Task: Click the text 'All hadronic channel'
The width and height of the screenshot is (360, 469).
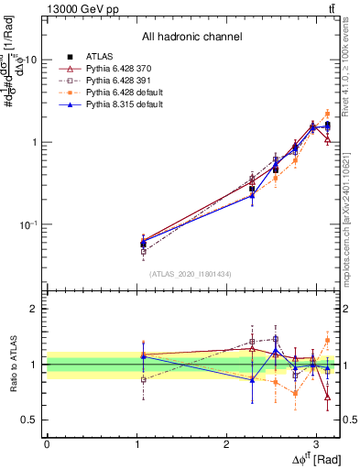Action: click(191, 38)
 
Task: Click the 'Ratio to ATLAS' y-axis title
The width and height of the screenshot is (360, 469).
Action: click(12, 364)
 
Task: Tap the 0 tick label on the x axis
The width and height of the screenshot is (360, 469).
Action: click(47, 442)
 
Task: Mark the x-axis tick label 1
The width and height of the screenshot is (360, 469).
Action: click(136, 442)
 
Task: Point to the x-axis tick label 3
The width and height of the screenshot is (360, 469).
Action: click(316, 442)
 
